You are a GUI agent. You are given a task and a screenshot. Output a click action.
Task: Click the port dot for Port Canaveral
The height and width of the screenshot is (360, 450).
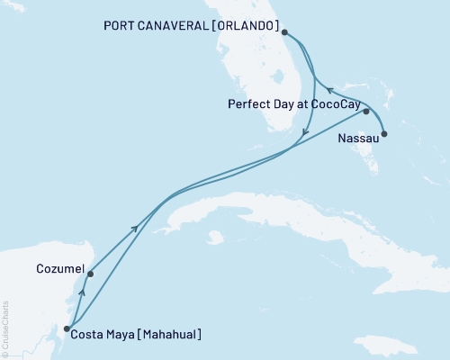[x=284, y=32]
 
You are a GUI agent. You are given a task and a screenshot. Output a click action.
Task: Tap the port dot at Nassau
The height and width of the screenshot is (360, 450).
[x=385, y=135]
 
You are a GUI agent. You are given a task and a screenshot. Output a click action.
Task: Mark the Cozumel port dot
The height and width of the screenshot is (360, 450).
[x=90, y=274]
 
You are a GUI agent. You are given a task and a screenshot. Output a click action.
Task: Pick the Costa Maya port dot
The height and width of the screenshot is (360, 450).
[x=67, y=328]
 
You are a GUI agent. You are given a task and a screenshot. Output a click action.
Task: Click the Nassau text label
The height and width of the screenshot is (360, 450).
[x=358, y=139]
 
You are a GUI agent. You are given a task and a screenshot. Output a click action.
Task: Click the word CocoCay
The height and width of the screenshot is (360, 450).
[x=332, y=103]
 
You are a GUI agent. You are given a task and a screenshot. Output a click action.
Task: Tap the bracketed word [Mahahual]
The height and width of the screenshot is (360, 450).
[x=168, y=335]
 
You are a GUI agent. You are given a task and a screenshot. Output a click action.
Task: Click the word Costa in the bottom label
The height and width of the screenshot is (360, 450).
[x=93, y=335]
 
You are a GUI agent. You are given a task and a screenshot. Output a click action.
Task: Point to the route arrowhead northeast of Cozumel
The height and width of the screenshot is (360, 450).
[x=136, y=229]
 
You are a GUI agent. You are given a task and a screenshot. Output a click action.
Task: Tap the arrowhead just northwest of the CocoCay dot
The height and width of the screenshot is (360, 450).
[x=328, y=90]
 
